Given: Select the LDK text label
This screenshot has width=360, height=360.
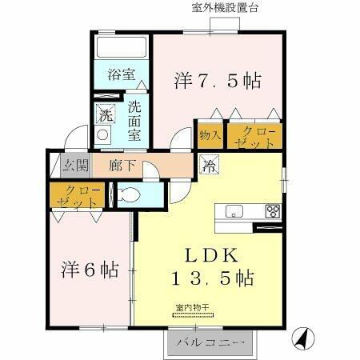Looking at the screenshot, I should coord(211,256).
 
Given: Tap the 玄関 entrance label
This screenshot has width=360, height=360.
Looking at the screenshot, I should coord(71,166).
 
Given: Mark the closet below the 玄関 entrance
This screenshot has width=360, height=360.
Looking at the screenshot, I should coord(76,196).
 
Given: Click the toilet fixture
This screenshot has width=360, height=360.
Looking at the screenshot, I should coord(129,194).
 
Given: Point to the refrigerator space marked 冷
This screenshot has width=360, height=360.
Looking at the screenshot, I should coord(207,166).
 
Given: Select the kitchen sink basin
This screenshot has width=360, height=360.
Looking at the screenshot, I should coord(234,211).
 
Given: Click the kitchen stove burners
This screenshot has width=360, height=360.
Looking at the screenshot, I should coord(273,212).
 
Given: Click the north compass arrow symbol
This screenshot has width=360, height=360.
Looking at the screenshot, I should coord(302,339).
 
